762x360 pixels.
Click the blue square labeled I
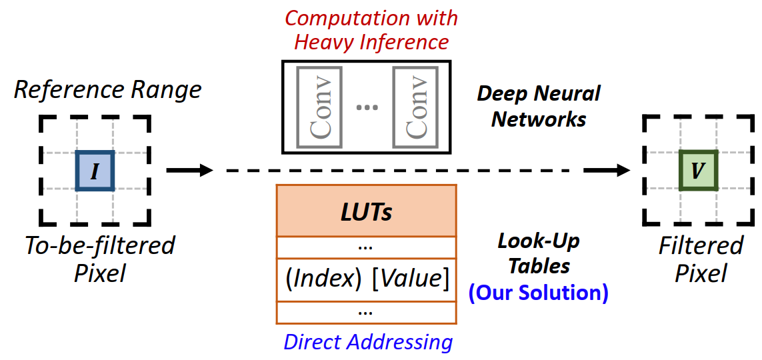(95, 171)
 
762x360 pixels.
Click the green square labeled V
(697, 171)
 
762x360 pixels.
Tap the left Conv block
(319, 106)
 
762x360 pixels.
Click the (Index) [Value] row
(366, 278)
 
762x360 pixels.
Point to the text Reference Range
(107, 89)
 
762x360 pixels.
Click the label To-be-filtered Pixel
(99, 259)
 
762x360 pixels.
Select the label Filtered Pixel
(700, 259)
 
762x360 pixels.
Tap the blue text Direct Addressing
(368, 342)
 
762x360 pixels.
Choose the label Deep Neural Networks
(539, 106)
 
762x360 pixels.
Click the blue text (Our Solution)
(539, 293)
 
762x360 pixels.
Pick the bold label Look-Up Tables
(539, 254)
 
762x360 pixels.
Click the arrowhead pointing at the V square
(621, 171)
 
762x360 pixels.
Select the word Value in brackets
(410, 278)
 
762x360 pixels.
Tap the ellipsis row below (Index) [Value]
(366, 311)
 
